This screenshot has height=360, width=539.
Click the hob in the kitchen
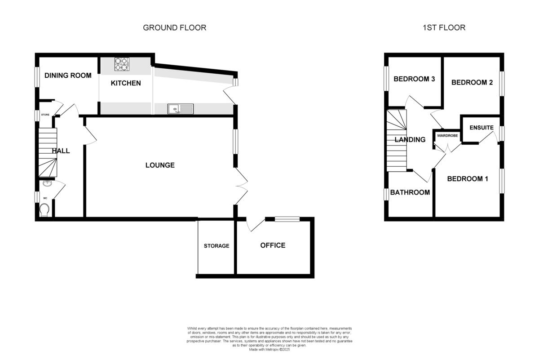click(x=121, y=65)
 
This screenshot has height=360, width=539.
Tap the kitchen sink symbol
click(x=181, y=109)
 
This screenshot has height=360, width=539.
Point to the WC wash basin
click(x=46, y=183)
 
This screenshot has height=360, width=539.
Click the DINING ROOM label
click(x=68, y=76)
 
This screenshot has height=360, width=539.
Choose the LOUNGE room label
click(x=160, y=165)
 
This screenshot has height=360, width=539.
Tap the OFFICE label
click(x=273, y=245)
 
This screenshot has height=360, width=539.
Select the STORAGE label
click(x=216, y=246)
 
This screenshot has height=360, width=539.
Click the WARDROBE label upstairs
click(x=447, y=135)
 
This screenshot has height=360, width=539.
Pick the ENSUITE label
click(x=482, y=128)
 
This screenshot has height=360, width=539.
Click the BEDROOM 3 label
click(x=414, y=79)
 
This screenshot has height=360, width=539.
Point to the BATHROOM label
click(x=410, y=192)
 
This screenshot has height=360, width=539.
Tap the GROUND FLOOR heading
click(x=174, y=28)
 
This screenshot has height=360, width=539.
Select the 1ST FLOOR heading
click(x=444, y=28)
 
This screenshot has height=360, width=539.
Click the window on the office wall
click(x=287, y=219)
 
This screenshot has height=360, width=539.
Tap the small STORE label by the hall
click(x=45, y=115)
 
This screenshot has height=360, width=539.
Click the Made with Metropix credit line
click(x=269, y=349)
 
